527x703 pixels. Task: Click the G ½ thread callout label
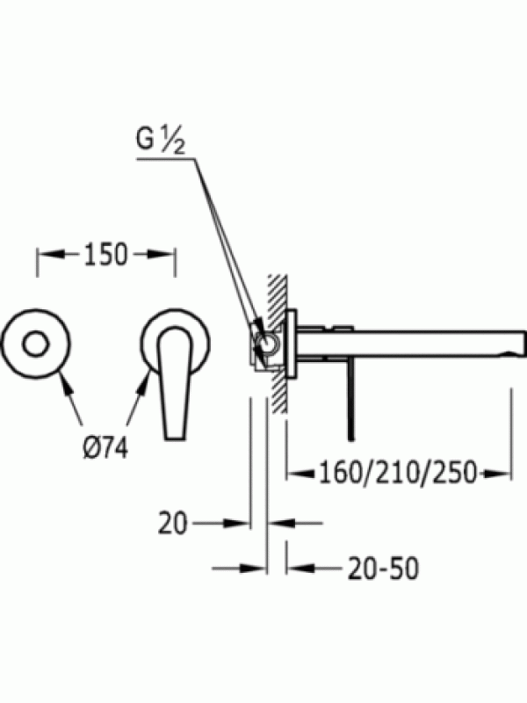[160, 141]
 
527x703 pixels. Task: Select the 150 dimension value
[105, 254]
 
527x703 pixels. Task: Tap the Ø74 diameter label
[105, 447]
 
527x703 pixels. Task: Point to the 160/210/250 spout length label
[398, 473]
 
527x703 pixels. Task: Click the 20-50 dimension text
[384, 568]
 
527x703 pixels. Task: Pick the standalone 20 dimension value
[172, 523]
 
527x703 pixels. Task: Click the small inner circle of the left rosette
[36, 344]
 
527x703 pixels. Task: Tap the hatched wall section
[278, 343]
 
